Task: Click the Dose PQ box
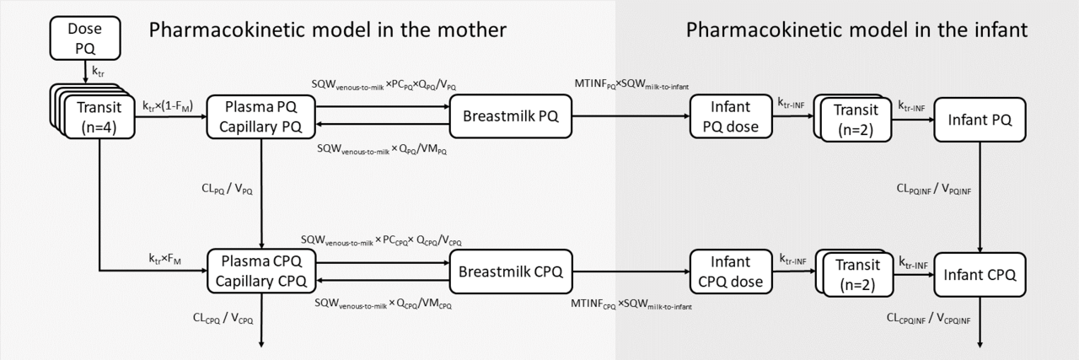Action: point(85,39)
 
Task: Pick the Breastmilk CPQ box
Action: point(510,272)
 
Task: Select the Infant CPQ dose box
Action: point(725,272)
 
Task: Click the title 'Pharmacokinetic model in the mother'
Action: point(327,30)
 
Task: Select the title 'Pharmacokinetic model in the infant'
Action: point(856,30)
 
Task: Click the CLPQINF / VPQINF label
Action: point(933,191)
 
